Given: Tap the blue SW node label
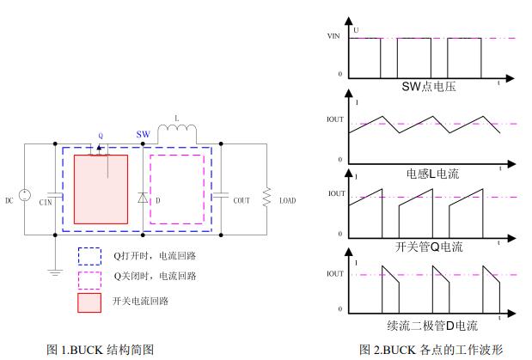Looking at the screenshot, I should pos(144,135).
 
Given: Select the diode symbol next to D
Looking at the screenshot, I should pos(142,197).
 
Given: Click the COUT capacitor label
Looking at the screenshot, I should pos(242,200).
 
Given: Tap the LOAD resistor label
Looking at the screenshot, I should pos(287,201).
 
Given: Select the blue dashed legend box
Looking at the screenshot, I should pos(89,255).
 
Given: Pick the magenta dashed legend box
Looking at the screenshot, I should pos(89,277).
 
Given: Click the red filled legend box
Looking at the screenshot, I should pos(89,302).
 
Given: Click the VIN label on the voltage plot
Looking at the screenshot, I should pos(334,37).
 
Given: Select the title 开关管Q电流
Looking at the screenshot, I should pos(429,247).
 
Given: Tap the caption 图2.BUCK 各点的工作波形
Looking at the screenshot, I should pos(431,350).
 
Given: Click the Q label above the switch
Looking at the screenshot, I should pos(101,136).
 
